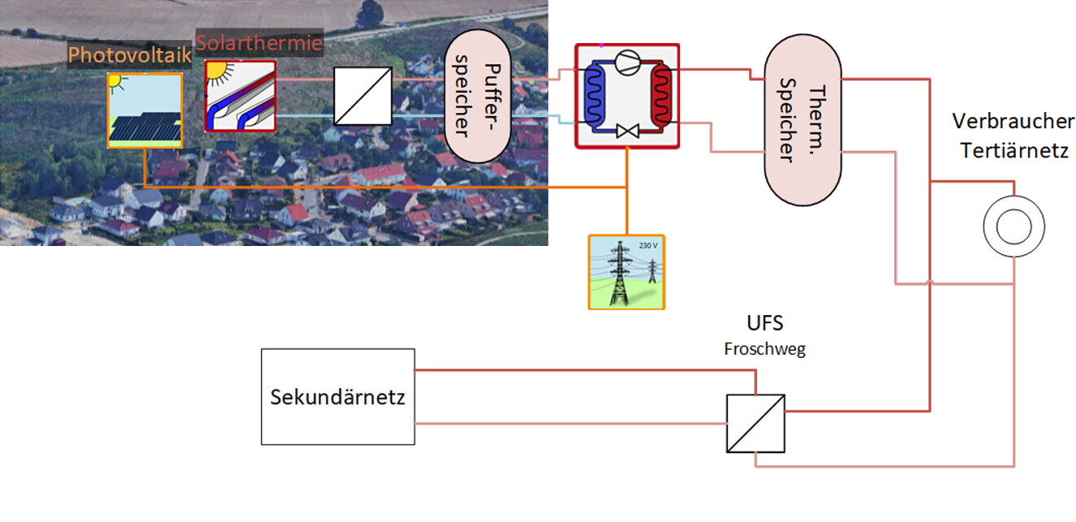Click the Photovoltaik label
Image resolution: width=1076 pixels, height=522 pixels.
point(130,55)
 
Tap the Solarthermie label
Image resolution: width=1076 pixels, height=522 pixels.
point(259,43)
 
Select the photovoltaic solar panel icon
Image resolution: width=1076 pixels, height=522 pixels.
point(145,110)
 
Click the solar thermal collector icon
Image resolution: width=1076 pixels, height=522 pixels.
point(240,96)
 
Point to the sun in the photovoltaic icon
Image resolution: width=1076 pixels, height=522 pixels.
point(115,81)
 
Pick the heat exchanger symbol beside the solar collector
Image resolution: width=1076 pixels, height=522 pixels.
point(363,96)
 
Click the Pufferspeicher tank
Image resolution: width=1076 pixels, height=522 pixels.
point(476,96)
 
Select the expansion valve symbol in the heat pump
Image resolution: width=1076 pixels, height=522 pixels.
point(626,131)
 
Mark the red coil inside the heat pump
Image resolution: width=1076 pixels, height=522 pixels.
point(661,98)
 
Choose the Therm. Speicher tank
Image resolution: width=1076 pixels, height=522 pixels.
point(803,119)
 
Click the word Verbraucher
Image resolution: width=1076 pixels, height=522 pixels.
point(1012,122)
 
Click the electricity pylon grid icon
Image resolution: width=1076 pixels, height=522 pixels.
point(626,271)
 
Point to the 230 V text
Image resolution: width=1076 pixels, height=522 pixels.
point(648,245)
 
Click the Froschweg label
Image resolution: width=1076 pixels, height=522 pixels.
point(764,350)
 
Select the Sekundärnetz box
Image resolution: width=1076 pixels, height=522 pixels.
point(338,397)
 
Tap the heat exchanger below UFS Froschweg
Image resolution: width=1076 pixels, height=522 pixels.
point(755,423)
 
